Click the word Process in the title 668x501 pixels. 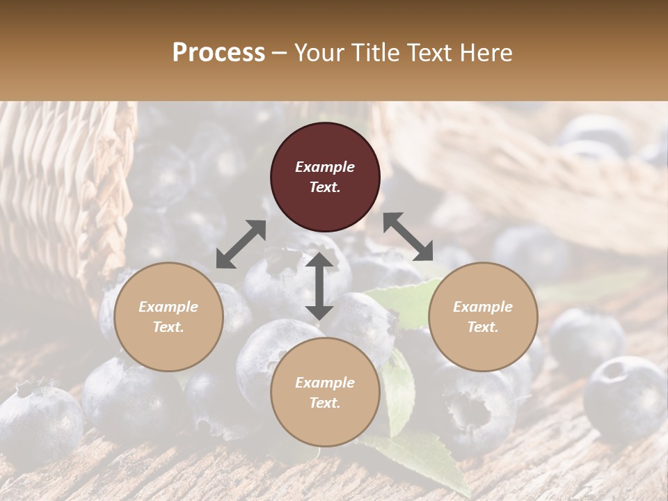point(218,53)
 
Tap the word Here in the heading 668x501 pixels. point(485,53)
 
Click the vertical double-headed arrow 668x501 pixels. point(319,286)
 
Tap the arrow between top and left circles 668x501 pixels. point(241,244)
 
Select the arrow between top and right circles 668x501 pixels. point(408,237)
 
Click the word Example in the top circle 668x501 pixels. point(325,167)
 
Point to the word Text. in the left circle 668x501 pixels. point(168,327)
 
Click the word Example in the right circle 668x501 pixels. point(483,307)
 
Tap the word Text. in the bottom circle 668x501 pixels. point(325,403)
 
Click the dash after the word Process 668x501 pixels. point(280,54)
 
